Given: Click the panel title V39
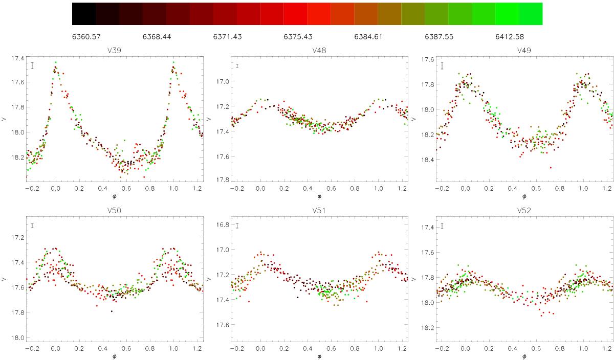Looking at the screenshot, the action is pyautogui.click(x=114, y=51).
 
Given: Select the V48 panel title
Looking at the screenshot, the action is pyautogui.click(x=319, y=51).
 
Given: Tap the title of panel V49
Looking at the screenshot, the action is pyautogui.click(x=524, y=51).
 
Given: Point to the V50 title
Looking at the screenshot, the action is pyautogui.click(x=114, y=210).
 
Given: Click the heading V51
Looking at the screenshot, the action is pyautogui.click(x=319, y=210).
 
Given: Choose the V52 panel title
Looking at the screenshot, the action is pyautogui.click(x=524, y=210).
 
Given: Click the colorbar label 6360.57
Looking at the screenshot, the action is pyautogui.click(x=86, y=37).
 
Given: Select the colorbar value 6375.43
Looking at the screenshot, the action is pyautogui.click(x=298, y=37).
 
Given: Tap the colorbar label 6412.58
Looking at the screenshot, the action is pyautogui.click(x=510, y=37).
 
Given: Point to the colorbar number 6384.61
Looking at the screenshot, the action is pyautogui.click(x=368, y=37).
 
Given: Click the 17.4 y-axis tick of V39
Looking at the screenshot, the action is pyautogui.click(x=17, y=58).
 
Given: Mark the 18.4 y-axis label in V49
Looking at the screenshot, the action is pyautogui.click(x=427, y=160).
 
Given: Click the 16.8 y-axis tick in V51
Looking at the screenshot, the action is pyautogui.click(x=222, y=224).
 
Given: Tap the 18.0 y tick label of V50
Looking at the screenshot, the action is pyautogui.click(x=17, y=338).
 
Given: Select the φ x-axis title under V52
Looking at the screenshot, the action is pyautogui.click(x=524, y=356).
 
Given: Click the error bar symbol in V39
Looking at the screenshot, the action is pyautogui.click(x=32, y=66).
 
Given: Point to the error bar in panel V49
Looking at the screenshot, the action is pyautogui.click(x=442, y=66).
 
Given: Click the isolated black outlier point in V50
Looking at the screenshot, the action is pyautogui.click(x=112, y=311).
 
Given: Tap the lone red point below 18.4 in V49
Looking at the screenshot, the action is pyautogui.click(x=551, y=168).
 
